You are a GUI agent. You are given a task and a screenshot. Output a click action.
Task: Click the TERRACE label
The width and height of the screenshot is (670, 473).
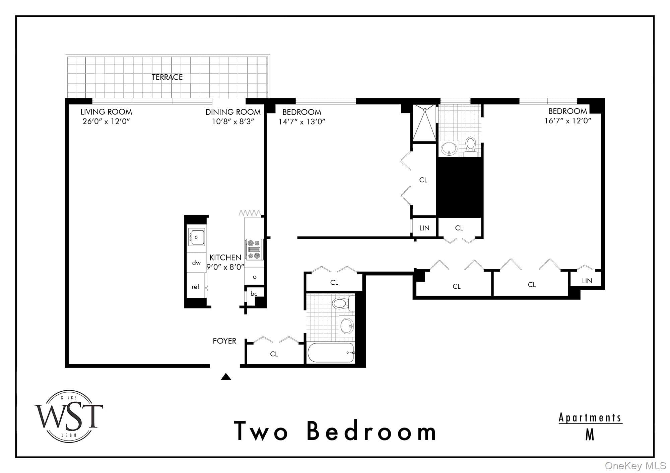pyautogui.click(x=167, y=77)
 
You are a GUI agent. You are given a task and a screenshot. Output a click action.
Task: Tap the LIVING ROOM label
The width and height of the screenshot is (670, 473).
pyautogui.click(x=106, y=112)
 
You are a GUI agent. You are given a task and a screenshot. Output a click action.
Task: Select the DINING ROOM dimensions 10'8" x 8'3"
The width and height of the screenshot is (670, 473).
pyautogui.click(x=233, y=121)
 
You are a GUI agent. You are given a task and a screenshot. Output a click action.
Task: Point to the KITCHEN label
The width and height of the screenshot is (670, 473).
pyautogui.click(x=225, y=257)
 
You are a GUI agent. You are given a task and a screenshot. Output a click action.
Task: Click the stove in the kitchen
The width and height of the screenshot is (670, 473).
pyautogui.click(x=254, y=249)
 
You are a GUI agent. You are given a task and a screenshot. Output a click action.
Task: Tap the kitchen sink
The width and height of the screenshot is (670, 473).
pyautogui.click(x=196, y=237)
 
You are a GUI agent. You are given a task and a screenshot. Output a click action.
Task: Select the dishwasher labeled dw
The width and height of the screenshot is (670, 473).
pyautogui.click(x=196, y=263)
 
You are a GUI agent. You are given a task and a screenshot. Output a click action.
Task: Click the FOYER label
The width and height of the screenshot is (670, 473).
pyautogui.click(x=224, y=341)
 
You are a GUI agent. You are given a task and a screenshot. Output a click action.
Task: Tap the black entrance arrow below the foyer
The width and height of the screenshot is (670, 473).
pyautogui.click(x=226, y=377)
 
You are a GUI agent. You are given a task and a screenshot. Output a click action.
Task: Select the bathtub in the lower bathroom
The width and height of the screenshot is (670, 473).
pyautogui.click(x=331, y=353)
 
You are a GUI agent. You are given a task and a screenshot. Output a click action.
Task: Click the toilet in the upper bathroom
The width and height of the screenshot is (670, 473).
pyautogui.click(x=471, y=146)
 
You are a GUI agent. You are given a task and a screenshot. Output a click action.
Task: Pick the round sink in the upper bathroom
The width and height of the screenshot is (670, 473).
pyautogui.click(x=449, y=148)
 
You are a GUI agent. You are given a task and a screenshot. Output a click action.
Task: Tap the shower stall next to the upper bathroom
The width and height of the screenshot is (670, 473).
pyautogui.click(x=424, y=122)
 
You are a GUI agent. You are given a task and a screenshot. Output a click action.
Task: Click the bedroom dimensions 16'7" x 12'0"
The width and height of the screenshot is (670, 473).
pyautogui.click(x=568, y=120)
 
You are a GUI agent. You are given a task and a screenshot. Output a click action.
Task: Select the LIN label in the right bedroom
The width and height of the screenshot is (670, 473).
pyautogui.click(x=587, y=281)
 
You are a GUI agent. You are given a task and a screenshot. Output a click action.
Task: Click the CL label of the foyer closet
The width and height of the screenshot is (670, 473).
pyautogui.click(x=274, y=354)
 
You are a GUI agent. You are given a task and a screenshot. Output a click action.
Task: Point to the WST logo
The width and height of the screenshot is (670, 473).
pyautogui.click(x=69, y=416)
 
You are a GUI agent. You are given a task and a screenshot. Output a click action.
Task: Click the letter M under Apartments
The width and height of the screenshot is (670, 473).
pyautogui.click(x=590, y=435)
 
